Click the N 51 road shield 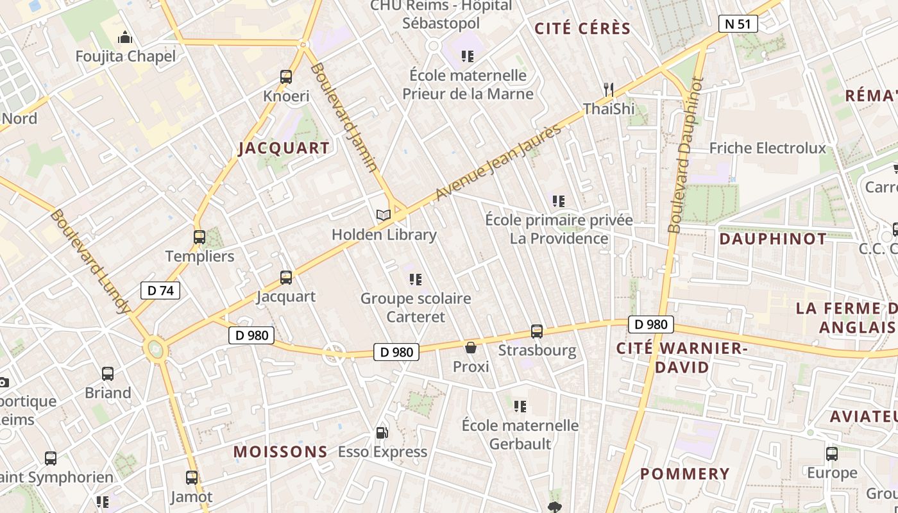pos(738,24)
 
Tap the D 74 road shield pos(160,290)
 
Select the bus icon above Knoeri pos(286,77)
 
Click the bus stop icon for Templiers pos(199,237)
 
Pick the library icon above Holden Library pos(384,215)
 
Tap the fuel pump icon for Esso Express pos(382,433)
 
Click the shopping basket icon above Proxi pos(471,348)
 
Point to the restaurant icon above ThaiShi pos(609,89)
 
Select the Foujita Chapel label pos(126,56)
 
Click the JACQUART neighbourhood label pos(284,148)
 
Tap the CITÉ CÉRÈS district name pos(582,29)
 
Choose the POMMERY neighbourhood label pos(685,474)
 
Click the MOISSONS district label pos(280,451)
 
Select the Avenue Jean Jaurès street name pos(498,161)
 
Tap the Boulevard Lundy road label pos(89,261)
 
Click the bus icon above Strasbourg pos(537,332)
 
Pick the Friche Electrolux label pos(767,148)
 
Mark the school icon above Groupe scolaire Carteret pos(416,280)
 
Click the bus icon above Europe pos(832,454)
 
